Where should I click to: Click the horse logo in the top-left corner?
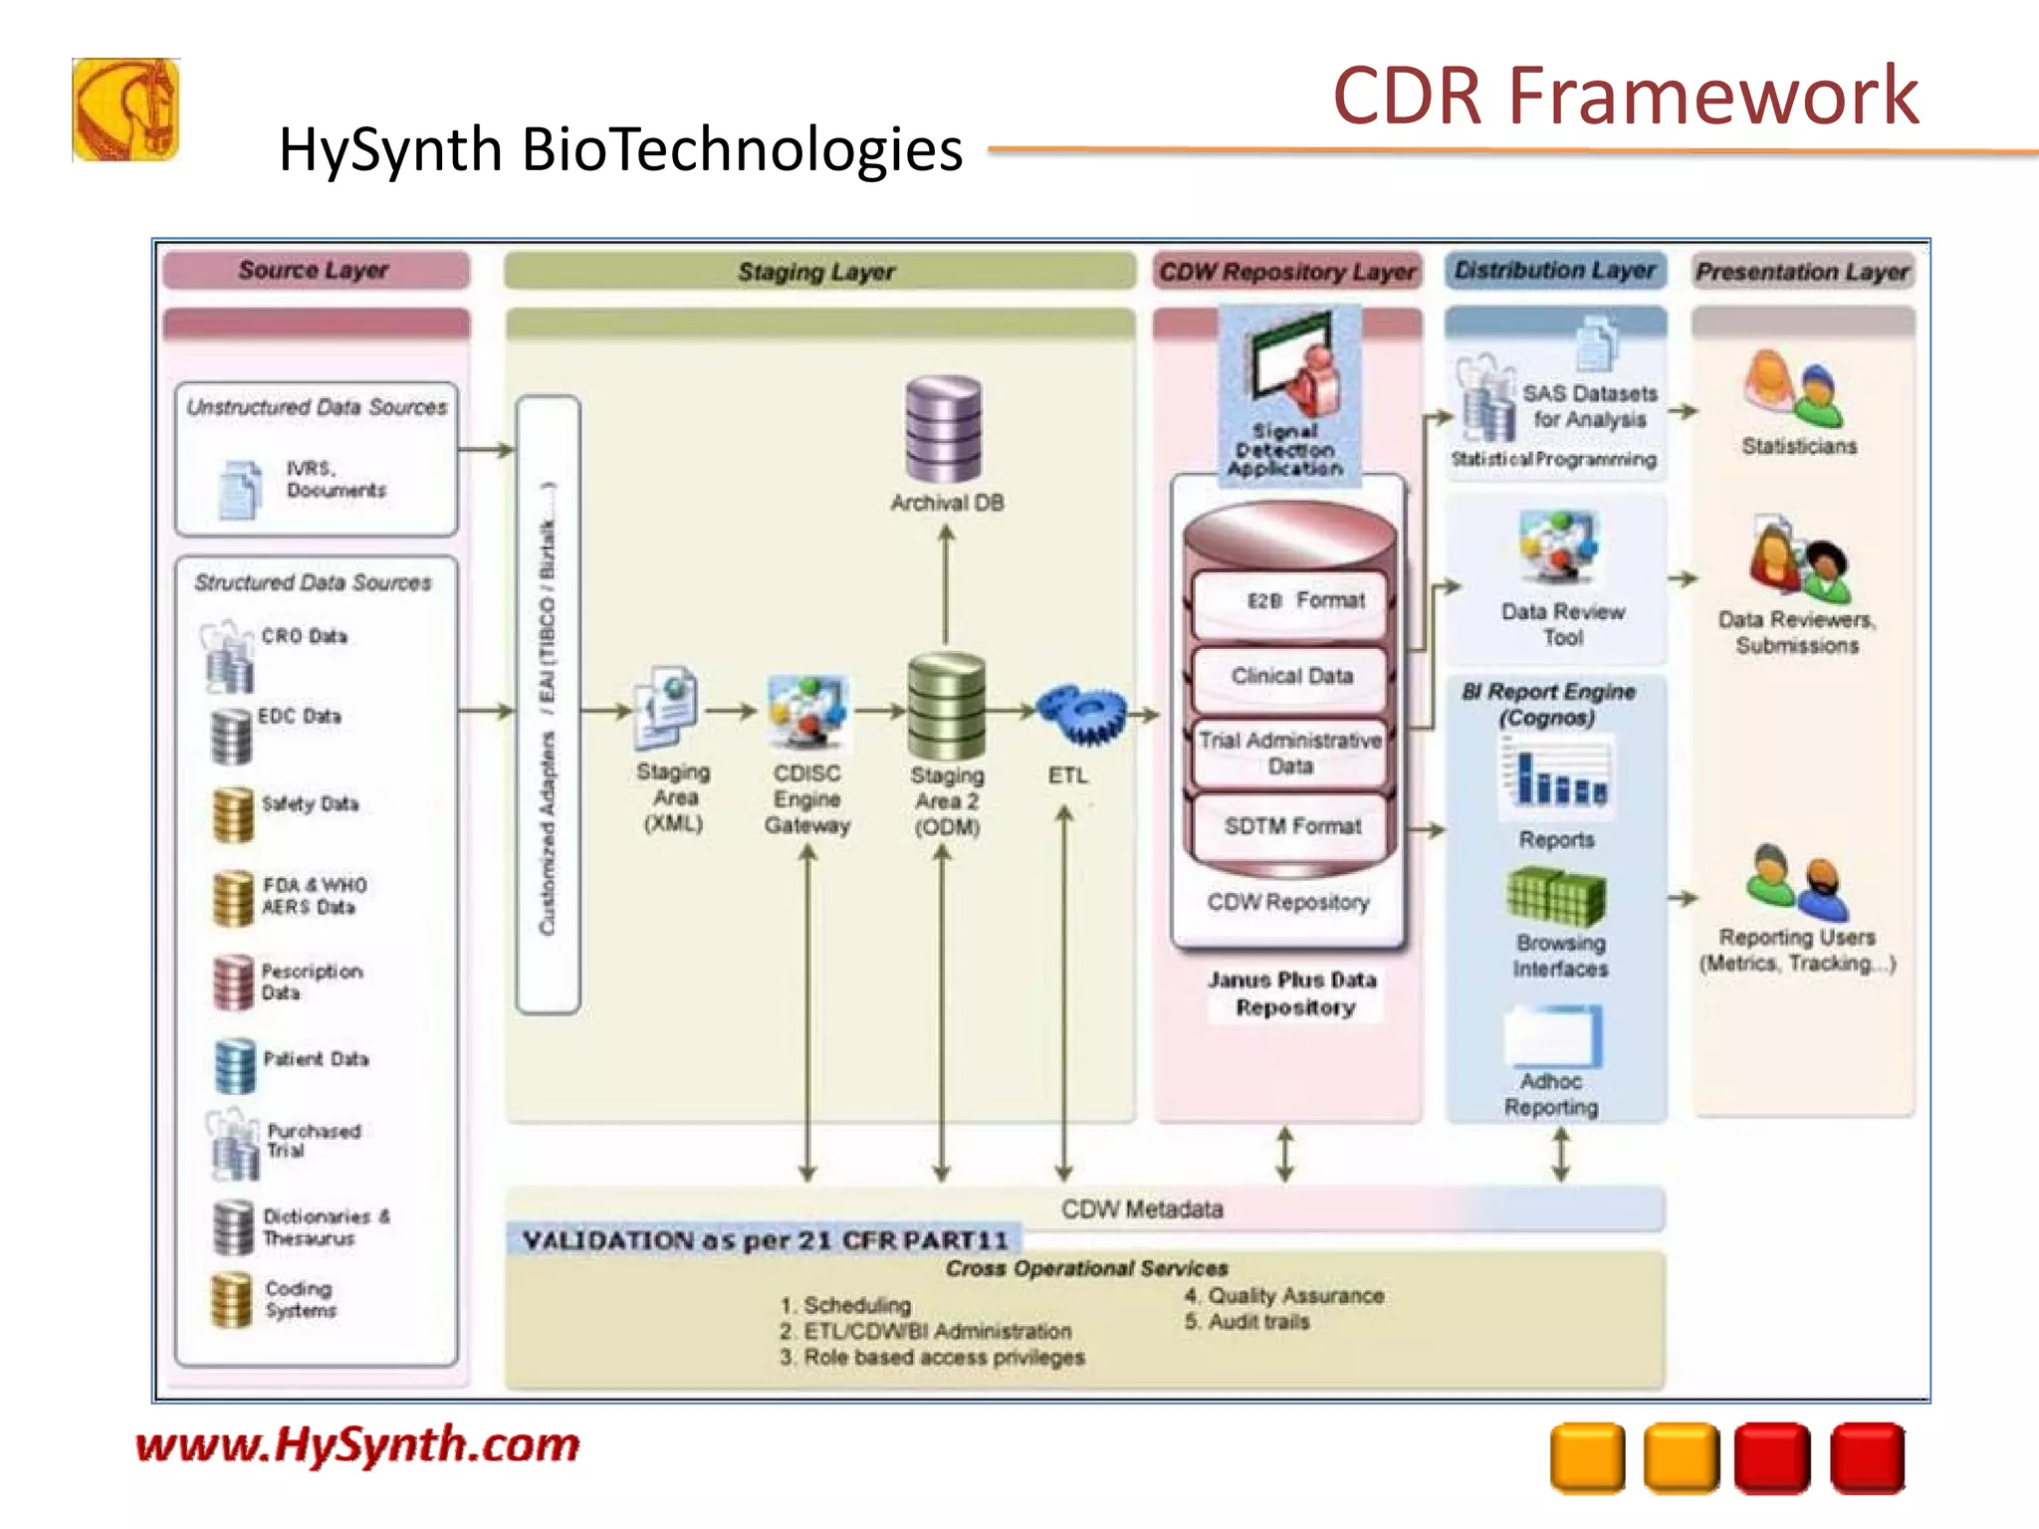[x=125, y=109]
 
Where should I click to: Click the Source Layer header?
[x=315, y=270]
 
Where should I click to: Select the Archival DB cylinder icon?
[x=944, y=429]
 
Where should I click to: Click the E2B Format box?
[x=1290, y=602]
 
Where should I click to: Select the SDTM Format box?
[x=1291, y=826]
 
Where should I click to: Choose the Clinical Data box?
[x=1291, y=677]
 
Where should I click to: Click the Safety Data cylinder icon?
[x=234, y=813]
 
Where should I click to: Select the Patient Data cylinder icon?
[x=235, y=1064]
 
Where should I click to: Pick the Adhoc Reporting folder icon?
[x=1553, y=1035]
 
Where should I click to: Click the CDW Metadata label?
[x=1142, y=1209]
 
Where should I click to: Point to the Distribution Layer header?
[x=1555, y=270]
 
